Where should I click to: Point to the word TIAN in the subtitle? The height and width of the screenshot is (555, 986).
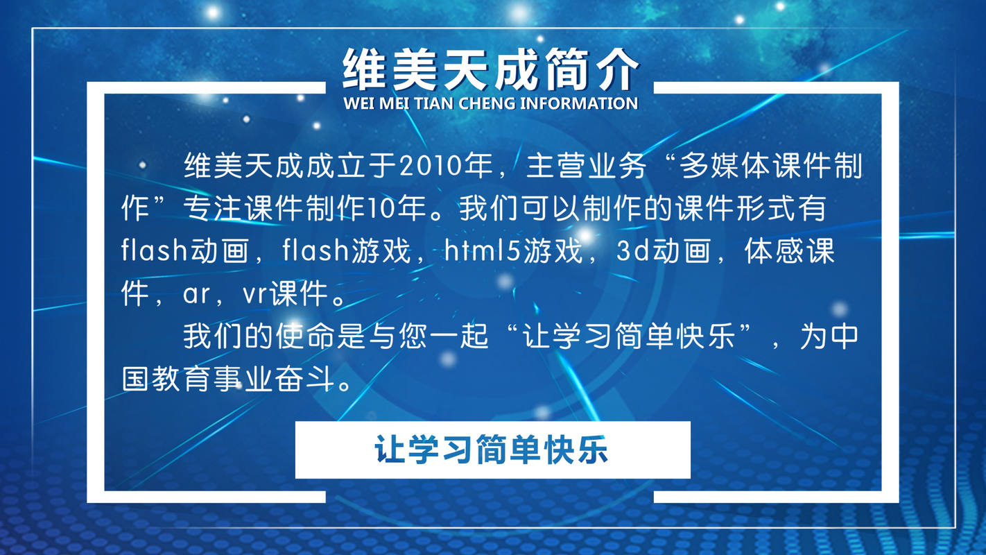coord(435,103)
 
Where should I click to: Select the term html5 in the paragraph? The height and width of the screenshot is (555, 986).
coord(483,250)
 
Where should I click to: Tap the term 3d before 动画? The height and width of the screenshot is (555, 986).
coord(634,250)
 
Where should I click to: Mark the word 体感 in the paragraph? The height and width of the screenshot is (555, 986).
coord(774,250)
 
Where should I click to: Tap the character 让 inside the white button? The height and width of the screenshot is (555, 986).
coord(390,450)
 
